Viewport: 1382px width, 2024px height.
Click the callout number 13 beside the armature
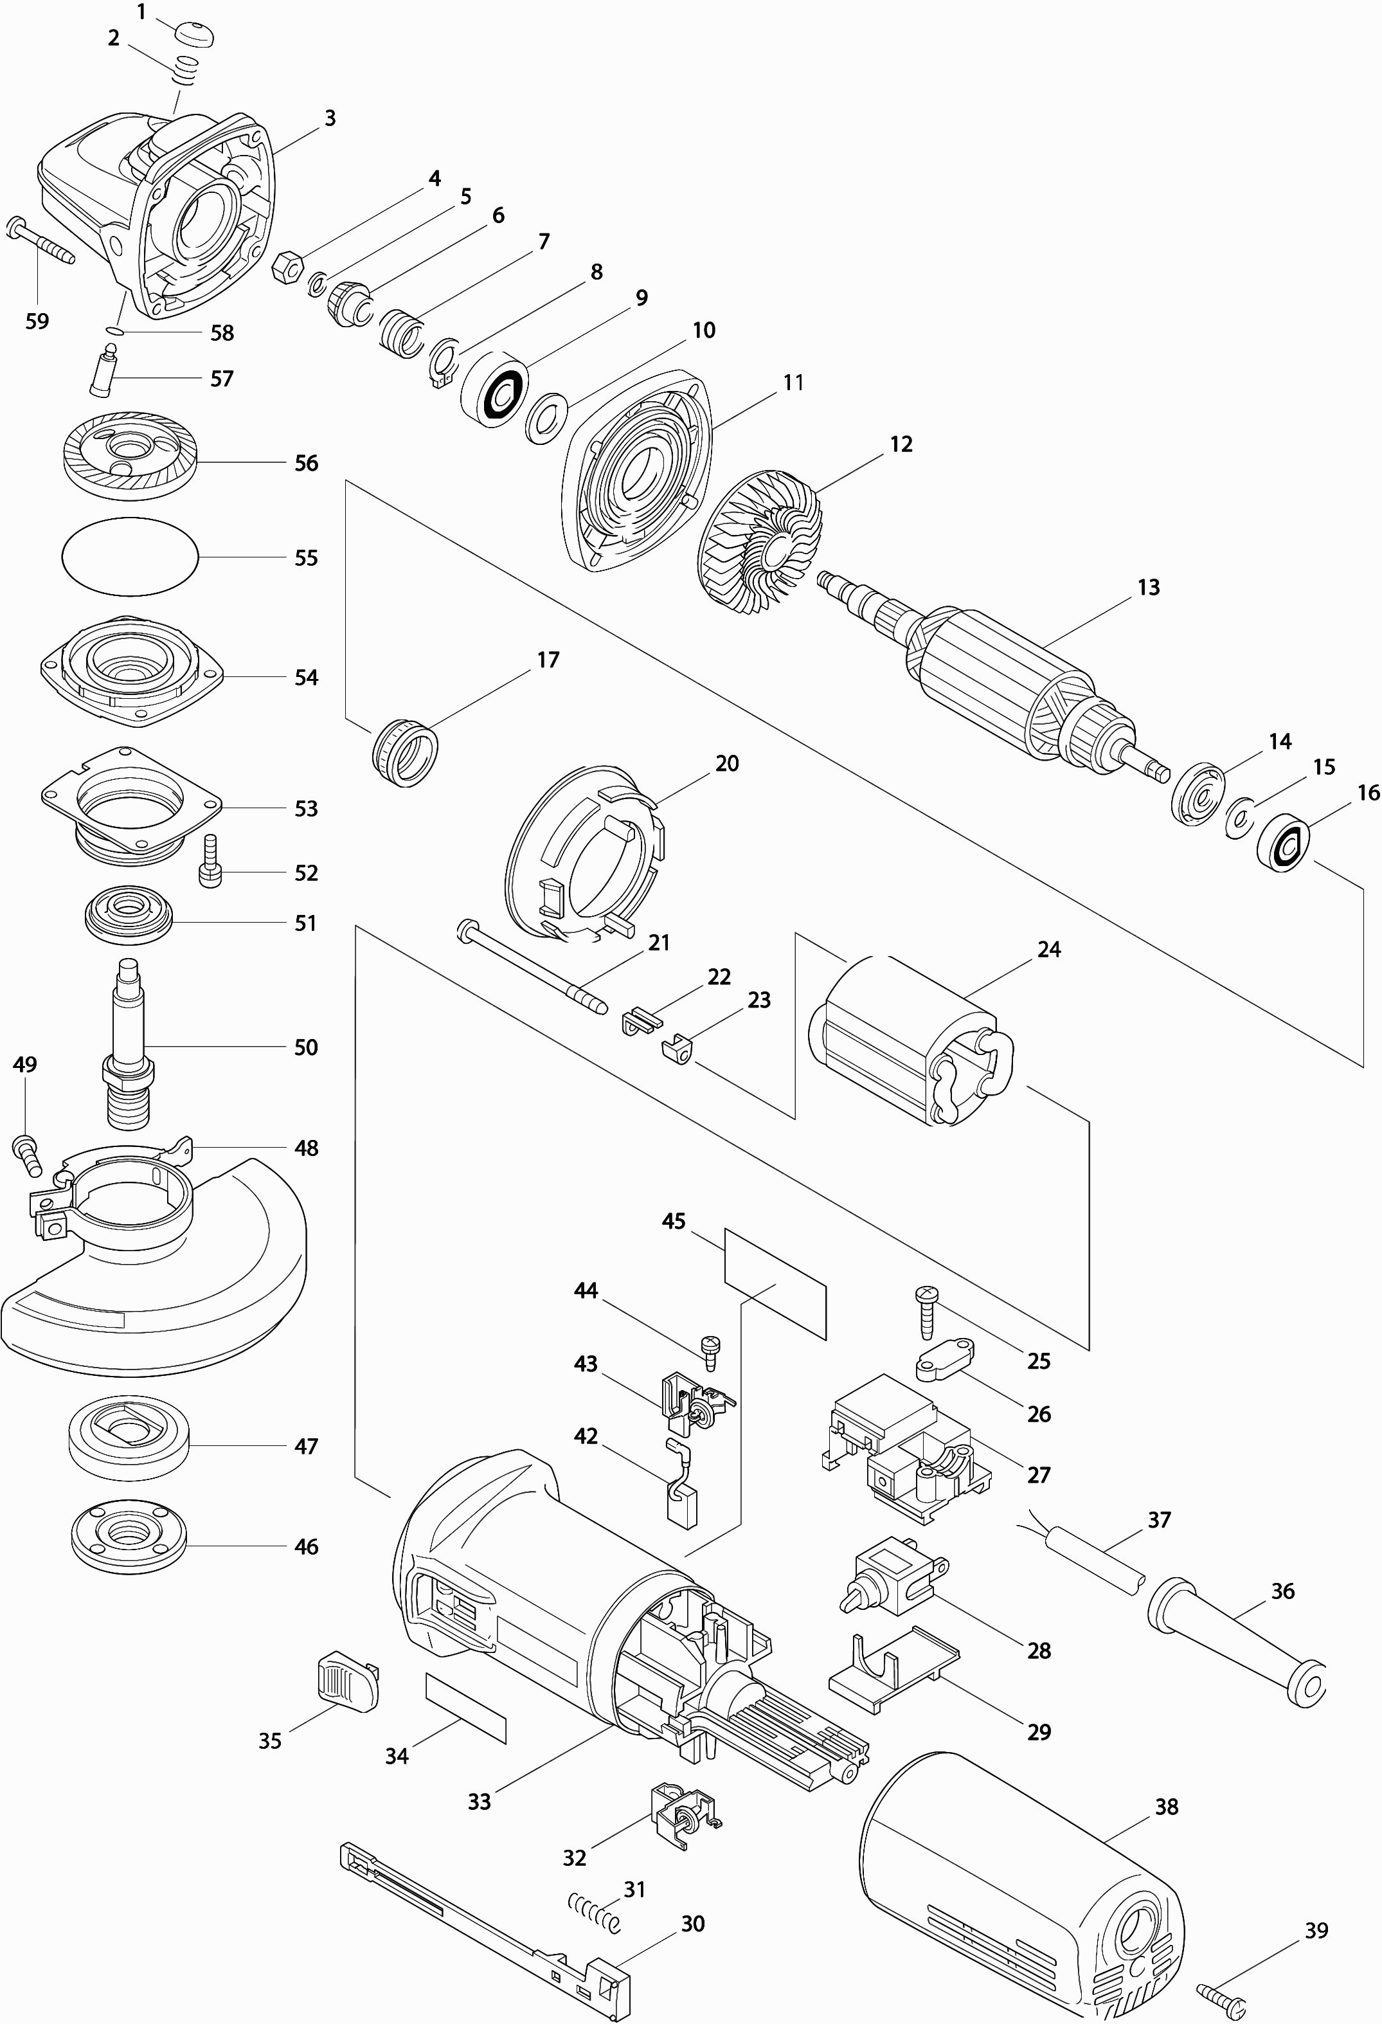coord(1149,588)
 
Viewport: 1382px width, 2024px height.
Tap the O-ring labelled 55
coord(130,557)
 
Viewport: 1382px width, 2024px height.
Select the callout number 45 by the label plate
coord(673,1221)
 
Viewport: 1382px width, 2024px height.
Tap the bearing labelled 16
coord(1284,840)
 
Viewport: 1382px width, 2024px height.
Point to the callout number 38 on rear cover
coord(1166,1807)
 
